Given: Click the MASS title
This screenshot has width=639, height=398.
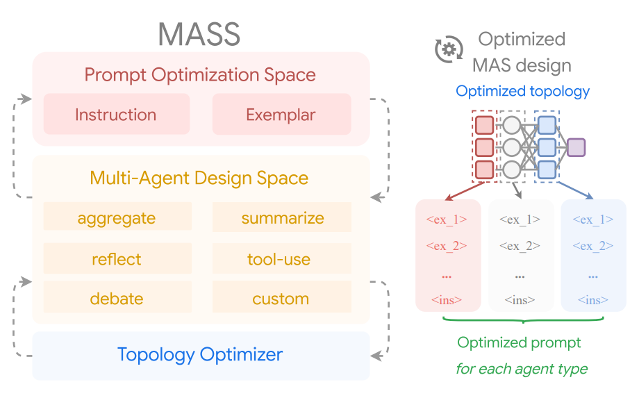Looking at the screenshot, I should [199, 33].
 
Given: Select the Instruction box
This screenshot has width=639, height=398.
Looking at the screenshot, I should [116, 115].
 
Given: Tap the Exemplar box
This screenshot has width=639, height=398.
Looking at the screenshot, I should [281, 115].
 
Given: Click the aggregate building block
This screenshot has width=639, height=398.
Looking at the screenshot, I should [117, 218].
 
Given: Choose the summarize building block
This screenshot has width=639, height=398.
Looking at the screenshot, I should [282, 218].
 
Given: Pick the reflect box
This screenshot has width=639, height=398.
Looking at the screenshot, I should [117, 259].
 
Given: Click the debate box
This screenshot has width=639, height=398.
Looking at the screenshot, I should [117, 299].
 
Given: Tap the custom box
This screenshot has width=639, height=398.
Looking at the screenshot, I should [281, 299].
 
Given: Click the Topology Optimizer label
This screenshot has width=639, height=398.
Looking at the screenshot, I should [200, 355].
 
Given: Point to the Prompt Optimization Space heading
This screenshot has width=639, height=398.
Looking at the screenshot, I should [200, 74].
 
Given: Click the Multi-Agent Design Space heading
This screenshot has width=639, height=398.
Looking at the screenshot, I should [199, 178].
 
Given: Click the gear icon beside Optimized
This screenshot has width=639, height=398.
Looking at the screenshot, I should [449, 49].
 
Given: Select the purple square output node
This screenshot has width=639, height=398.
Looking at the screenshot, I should [576, 147].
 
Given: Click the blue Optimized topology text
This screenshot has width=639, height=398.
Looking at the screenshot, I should [522, 91].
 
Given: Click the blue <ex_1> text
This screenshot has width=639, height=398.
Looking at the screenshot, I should [593, 219].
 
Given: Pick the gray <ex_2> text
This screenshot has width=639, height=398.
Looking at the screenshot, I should [520, 246].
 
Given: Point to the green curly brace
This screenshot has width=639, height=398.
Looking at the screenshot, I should [522, 320].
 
